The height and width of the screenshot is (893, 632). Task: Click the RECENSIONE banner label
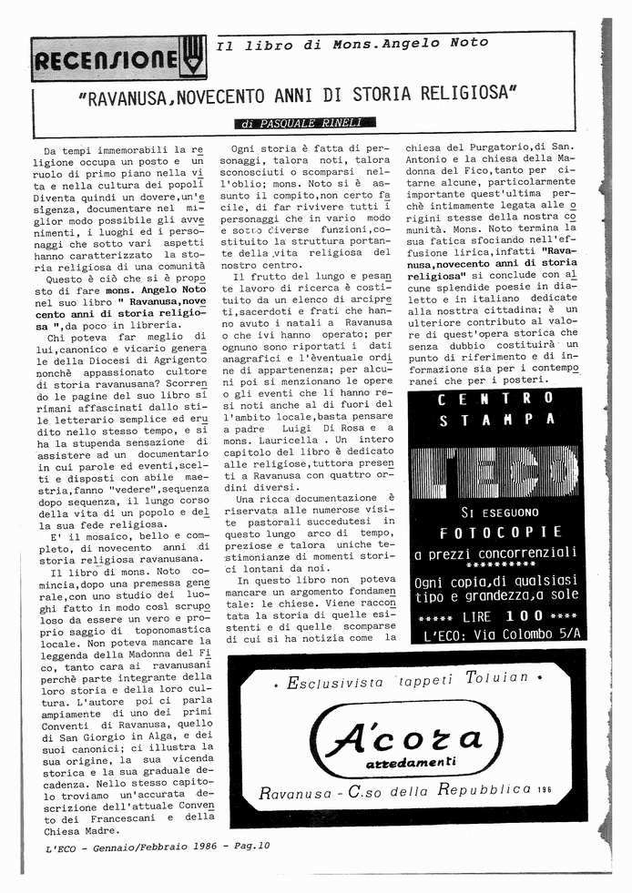point(105,61)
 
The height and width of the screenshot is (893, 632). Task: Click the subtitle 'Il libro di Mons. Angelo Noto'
point(352,44)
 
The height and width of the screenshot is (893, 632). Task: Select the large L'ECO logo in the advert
point(494,472)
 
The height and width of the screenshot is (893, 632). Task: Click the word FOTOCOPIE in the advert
point(494,533)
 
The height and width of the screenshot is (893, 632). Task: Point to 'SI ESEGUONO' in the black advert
point(494,512)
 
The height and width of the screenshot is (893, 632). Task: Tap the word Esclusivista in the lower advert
point(336,681)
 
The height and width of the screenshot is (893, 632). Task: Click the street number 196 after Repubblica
point(545,789)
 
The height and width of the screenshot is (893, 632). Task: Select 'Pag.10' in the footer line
point(250,846)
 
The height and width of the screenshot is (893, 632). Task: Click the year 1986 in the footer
point(197,846)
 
